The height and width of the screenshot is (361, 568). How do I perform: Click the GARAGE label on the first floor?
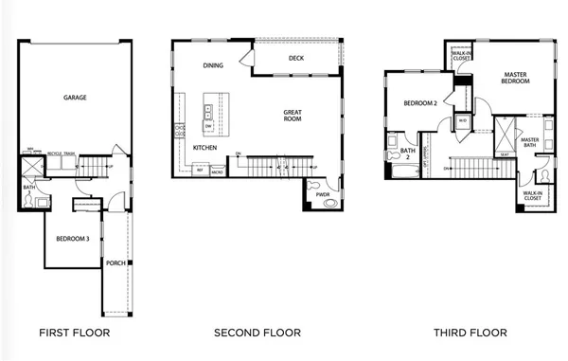click(x=76, y=98)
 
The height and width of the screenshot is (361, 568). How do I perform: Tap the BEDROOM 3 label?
click(x=72, y=239)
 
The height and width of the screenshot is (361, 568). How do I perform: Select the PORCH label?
click(x=116, y=263)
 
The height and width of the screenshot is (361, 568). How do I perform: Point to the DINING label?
click(x=213, y=65)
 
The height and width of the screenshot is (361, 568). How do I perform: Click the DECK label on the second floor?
click(x=294, y=58)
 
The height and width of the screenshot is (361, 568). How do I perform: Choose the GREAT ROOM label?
click(x=293, y=115)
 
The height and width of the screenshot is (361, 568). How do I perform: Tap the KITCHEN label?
click(x=205, y=149)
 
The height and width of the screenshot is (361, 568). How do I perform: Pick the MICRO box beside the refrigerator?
click(x=217, y=171)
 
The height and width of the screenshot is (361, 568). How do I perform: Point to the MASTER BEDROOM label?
click(x=515, y=77)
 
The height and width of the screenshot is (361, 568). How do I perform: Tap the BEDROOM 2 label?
click(x=419, y=103)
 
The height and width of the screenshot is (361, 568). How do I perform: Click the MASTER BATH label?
click(x=530, y=143)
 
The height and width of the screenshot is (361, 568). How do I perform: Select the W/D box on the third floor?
click(x=463, y=121)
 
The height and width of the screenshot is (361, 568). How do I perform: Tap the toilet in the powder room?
click(x=313, y=185)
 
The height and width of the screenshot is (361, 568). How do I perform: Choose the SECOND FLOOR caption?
click(x=257, y=333)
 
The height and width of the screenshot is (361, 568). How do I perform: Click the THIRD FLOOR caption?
click(x=470, y=333)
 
